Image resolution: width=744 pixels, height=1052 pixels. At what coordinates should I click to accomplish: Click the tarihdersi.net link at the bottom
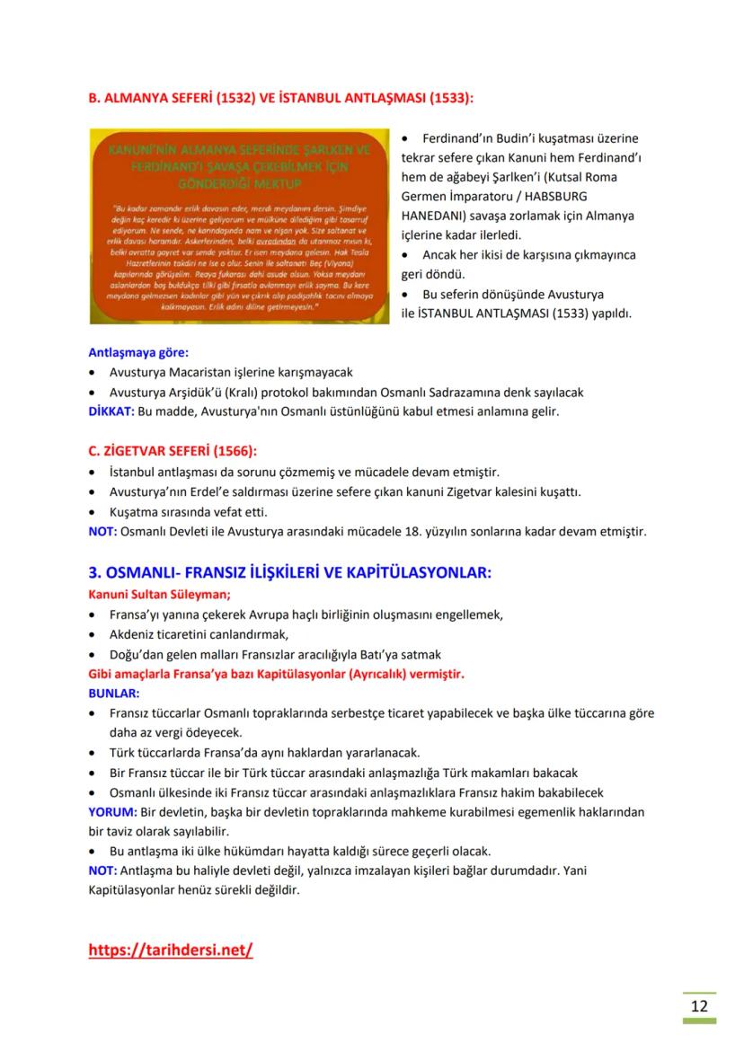point(171,950)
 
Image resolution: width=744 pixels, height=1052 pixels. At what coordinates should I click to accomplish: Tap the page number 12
point(699,1004)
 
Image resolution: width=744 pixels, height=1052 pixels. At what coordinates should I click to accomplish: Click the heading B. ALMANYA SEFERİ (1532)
point(281,97)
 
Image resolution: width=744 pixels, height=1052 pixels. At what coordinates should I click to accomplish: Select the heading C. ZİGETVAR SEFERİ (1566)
point(178,451)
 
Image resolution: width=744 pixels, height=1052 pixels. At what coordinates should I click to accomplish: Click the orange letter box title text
point(238,166)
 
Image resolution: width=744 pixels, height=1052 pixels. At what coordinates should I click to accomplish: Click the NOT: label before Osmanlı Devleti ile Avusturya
point(102,531)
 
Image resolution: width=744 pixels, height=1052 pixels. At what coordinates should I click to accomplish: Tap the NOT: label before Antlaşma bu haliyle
point(102,871)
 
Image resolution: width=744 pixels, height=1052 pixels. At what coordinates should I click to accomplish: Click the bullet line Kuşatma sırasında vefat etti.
point(189,511)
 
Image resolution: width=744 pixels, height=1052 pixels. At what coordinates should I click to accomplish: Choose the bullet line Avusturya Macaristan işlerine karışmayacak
point(232,372)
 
